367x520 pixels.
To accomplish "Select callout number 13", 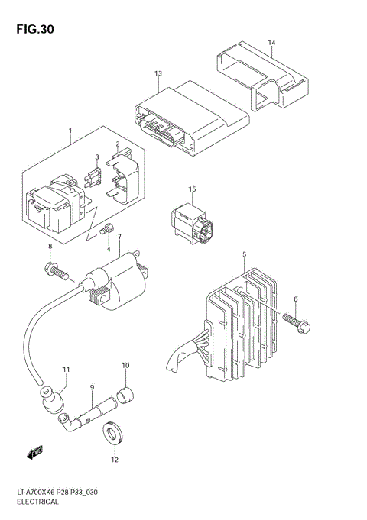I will click(x=158, y=73).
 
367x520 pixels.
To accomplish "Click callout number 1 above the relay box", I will click(x=70, y=131).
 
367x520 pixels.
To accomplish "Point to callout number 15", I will click(x=193, y=189).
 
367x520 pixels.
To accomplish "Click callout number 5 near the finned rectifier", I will click(x=244, y=254).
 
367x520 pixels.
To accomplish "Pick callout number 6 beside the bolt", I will click(x=295, y=299).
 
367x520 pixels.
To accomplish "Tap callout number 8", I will click(x=50, y=246).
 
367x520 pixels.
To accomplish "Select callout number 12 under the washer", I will click(x=115, y=460).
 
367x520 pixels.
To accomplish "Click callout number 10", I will click(x=125, y=367).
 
